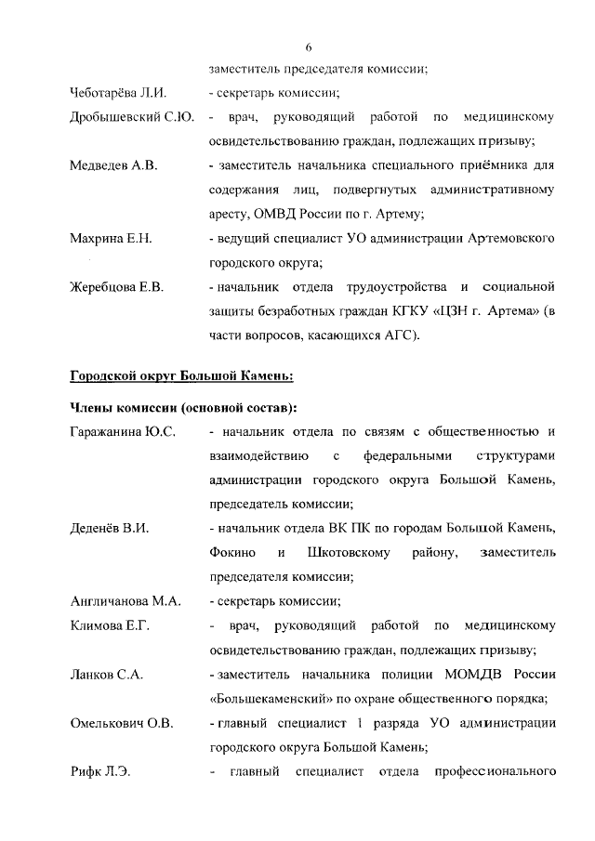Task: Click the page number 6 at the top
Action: tap(309, 47)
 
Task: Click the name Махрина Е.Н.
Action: tap(111, 239)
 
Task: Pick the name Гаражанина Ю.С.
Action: tap(124, 432)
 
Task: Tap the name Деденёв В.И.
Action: tap(111, 529)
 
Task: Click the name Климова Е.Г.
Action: tap(111, 625)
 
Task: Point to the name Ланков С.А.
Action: tap(107, 674)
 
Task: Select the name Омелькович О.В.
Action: tap(124, 722)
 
